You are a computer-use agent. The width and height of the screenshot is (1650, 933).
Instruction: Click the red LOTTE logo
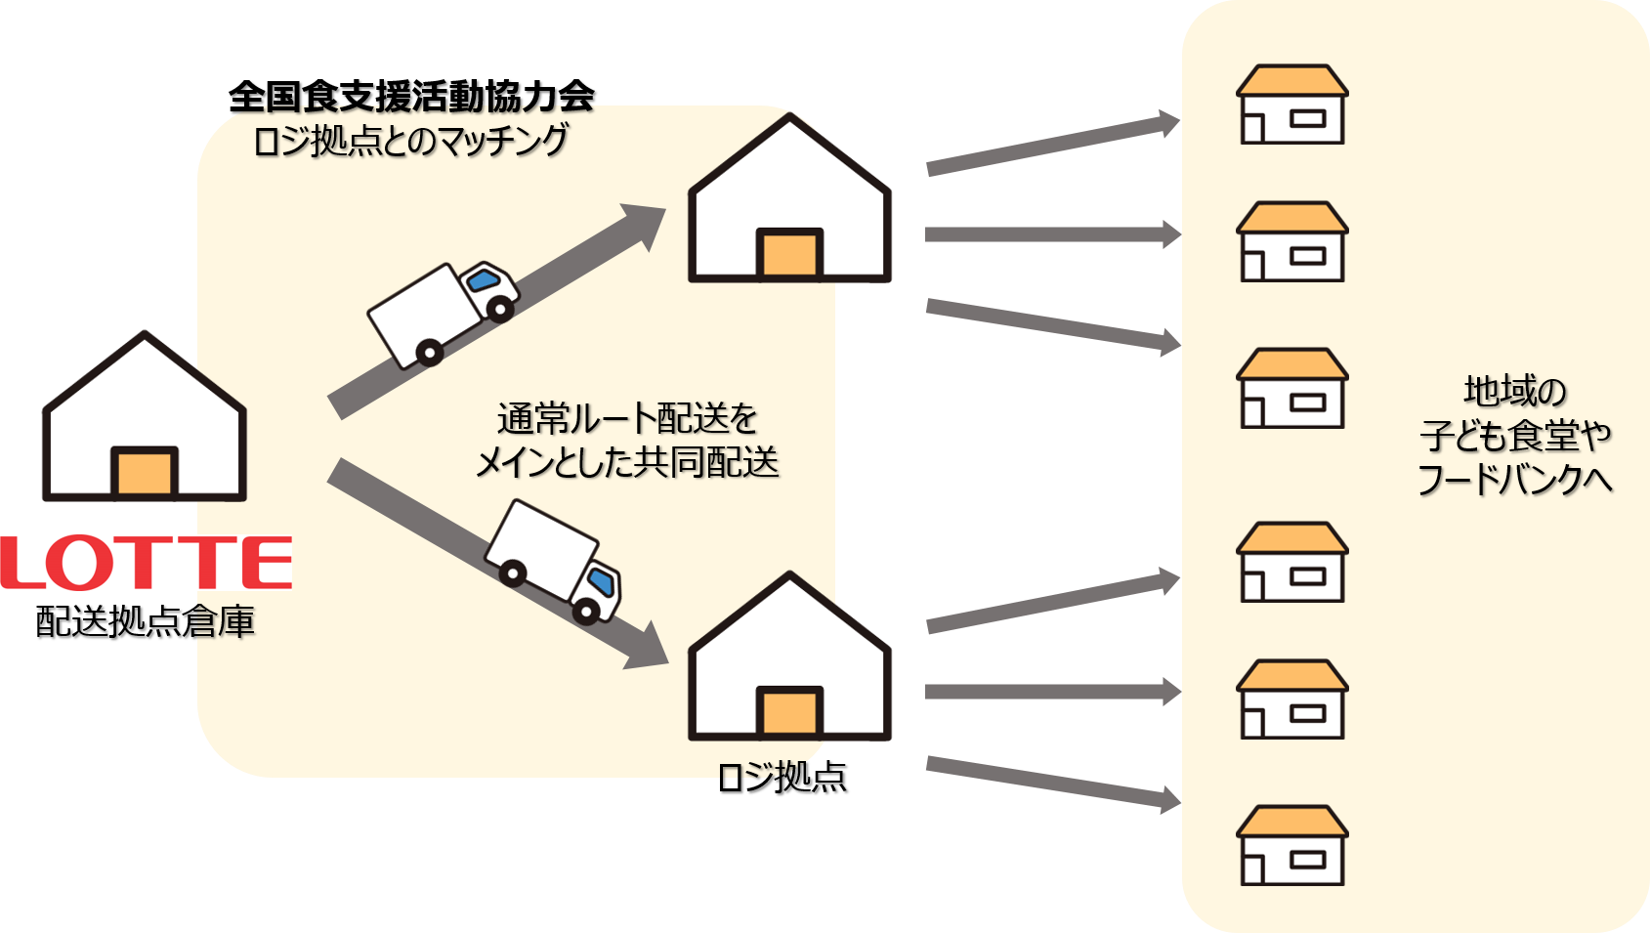(146, 563)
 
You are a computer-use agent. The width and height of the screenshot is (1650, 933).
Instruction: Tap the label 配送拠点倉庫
(146, 621)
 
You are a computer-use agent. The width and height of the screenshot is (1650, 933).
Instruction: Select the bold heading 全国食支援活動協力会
(411, 97)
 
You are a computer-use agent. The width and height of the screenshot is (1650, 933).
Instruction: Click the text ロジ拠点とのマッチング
(410, 141)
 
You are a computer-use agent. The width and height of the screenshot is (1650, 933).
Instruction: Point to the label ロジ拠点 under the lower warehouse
(783, 778)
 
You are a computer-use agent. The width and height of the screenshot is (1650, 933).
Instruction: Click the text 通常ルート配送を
(627, 419)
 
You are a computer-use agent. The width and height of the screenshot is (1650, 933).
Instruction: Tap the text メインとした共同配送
(627, 463)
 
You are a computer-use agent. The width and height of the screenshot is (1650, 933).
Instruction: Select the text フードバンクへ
(1514, 480)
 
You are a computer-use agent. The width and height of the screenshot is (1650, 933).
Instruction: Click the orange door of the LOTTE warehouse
(145, 472)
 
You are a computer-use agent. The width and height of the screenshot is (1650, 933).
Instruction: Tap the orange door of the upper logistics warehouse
(789, 254)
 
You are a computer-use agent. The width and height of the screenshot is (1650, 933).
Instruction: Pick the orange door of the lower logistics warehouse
(789, 712)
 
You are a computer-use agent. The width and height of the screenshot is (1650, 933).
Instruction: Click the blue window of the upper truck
(484, 279)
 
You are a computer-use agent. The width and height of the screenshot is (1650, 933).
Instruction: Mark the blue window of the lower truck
(601, 581)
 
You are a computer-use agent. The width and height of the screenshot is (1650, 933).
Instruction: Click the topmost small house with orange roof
(1292, 104)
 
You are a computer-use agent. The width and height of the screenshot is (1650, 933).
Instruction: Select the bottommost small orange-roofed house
(1292, 845)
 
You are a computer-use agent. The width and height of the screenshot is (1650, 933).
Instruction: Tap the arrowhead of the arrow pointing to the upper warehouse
(644, 224)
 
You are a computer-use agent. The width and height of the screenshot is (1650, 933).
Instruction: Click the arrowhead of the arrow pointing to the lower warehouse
(646, 648)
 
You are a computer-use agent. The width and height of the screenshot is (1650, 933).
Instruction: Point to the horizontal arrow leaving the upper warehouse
(1053, 234)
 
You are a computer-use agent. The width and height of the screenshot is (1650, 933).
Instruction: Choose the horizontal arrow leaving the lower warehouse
(1053, 692)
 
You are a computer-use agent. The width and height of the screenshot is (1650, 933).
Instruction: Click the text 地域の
(1514, 391)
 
